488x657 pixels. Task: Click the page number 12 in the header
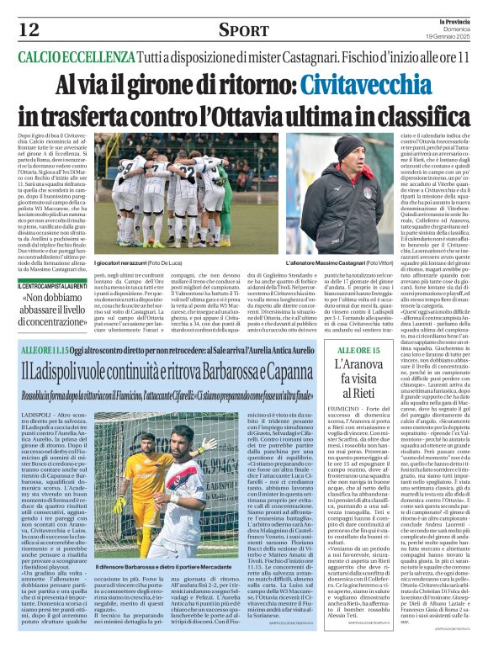coord(28,30)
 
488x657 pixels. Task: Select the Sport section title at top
coord(243,30)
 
